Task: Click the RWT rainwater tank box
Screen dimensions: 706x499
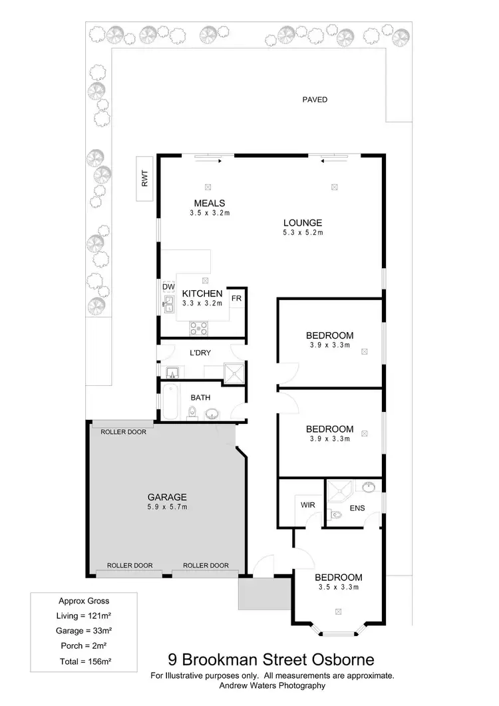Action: tap(144, 179)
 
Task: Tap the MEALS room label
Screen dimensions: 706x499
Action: tap(210, 203)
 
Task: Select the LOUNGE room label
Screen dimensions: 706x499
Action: tap(303, 223)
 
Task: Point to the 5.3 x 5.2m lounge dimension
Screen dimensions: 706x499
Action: tap(303, 233)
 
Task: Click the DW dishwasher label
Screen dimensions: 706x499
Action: tap(168, 287)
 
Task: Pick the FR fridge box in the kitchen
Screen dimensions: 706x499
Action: tap(236, 298)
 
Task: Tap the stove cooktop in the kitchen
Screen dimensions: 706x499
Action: tap(199, 327)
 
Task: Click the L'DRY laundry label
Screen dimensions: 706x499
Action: tap(200, 353)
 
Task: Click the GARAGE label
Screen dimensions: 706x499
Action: tap(167, 496)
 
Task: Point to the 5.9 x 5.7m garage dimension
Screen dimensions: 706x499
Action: tap(167, 506)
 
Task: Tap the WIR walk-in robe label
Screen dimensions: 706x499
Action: tap(307, 505)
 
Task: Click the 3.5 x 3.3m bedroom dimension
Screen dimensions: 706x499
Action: tap(338, 587)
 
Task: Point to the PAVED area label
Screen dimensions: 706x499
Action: tap(315, 100)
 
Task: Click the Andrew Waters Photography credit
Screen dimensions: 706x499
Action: tap(272, 685)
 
